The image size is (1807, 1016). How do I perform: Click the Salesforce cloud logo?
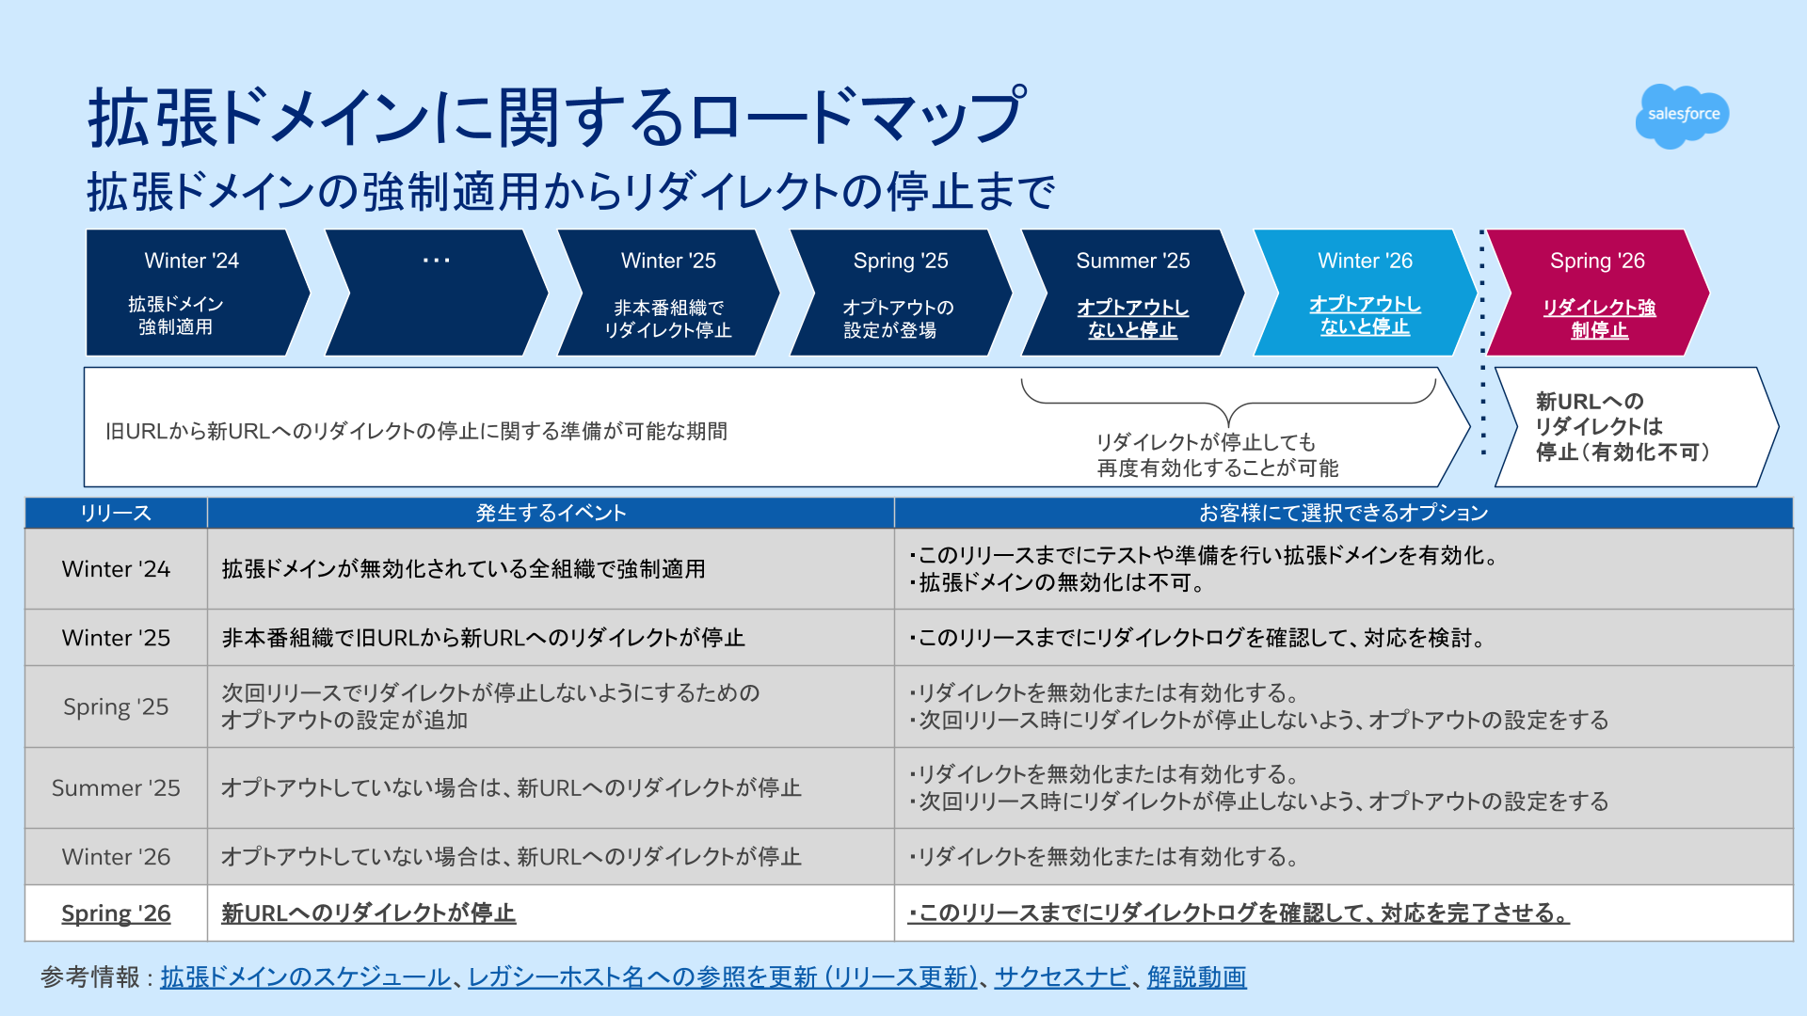[1683, 115]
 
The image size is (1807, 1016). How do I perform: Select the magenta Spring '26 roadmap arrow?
[1597, 293]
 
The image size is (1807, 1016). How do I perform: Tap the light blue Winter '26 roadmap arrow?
[1365, 293]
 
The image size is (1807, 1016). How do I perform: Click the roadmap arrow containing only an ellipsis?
[436, 293]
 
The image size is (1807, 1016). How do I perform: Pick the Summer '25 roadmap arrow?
[1132, 293]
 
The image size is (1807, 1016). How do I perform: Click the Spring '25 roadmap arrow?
[900, 293]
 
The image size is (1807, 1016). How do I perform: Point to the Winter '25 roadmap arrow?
[668, 293]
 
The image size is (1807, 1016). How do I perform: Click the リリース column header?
[116, 513]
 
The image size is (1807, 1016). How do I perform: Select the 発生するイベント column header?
[551, 513]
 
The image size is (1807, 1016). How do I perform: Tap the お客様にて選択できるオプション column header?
[1343, 513]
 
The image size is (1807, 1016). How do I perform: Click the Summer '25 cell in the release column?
[116, 788]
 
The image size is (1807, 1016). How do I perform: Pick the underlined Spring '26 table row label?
[116, 913]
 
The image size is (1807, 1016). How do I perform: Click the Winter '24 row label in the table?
[116, 569]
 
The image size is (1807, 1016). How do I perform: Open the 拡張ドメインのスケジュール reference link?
[305, 977]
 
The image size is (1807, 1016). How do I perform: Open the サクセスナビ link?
[1062, 977]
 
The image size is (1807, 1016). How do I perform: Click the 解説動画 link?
[1196, 977]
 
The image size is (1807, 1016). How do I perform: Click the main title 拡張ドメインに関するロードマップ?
[555, 119]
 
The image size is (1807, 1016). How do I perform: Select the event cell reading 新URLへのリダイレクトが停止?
[368, 913]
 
